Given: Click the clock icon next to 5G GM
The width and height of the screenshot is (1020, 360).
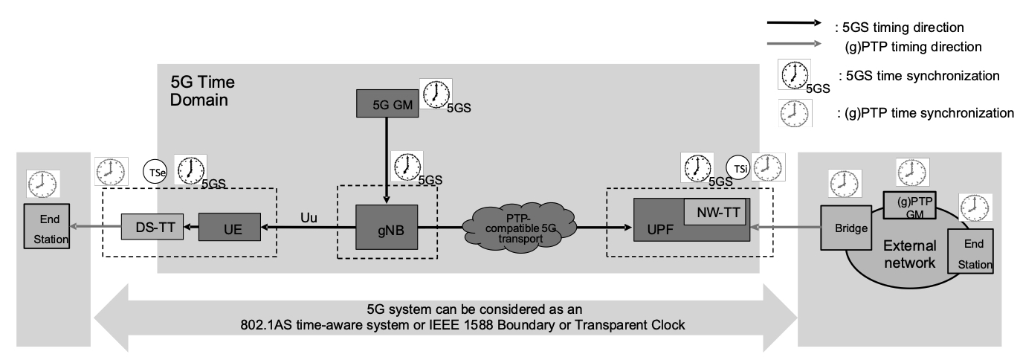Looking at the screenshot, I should [436, 94].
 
